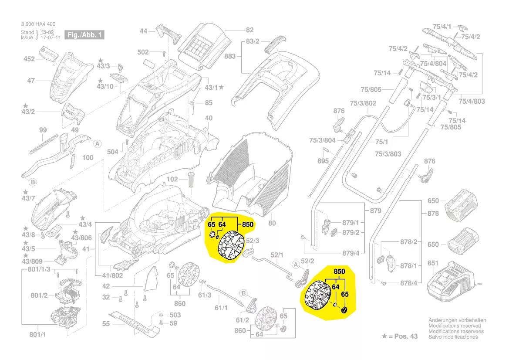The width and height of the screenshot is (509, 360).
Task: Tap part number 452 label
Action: tap(29, 59)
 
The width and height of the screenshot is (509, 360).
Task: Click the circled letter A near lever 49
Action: tap(98, 143)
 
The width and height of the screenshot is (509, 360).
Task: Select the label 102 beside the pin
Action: tap(172, 179)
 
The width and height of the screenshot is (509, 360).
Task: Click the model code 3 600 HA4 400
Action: tap(38, 24)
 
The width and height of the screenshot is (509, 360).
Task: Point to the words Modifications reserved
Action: tap(455, 326)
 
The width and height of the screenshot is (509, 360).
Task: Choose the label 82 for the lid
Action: tap(249, 30)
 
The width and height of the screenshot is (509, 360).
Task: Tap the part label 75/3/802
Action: tap(363, 103)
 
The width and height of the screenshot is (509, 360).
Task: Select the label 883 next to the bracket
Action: tap(230, 57)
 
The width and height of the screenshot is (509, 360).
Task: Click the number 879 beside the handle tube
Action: tap(375, 211)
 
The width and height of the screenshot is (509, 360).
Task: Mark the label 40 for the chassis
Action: tap(209, 118)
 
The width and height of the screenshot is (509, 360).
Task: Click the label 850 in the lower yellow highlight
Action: tap(339, 271)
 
